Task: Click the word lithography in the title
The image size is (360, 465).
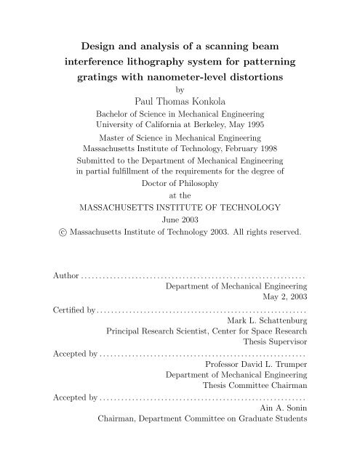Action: tap(156, 58)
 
